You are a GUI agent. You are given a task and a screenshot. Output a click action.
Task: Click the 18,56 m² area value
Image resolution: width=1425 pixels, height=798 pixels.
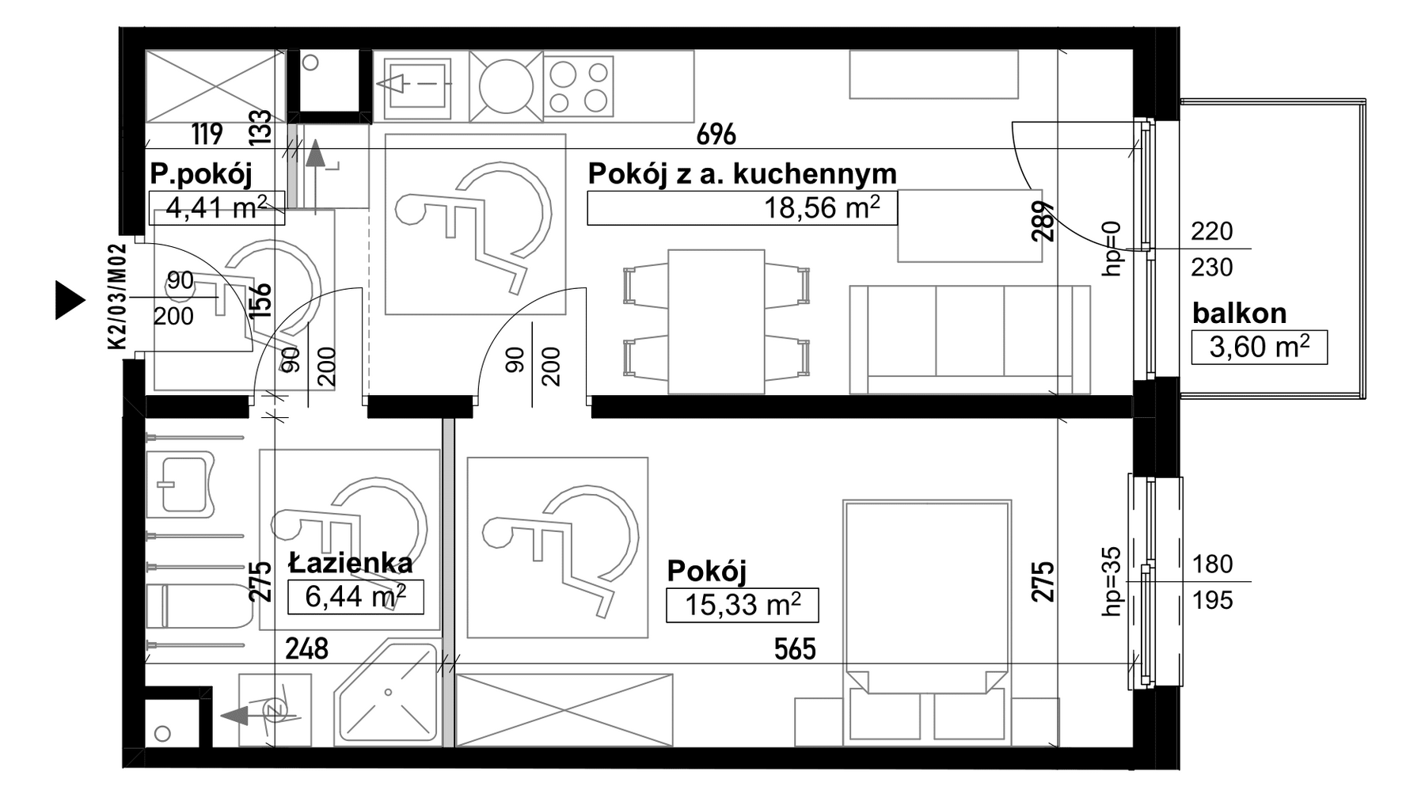click(821, 208)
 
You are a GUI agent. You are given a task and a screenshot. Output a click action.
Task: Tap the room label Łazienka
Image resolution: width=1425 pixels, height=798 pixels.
click(351, 563)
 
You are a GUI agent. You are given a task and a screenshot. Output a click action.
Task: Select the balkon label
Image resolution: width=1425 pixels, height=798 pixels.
click(1239, 313)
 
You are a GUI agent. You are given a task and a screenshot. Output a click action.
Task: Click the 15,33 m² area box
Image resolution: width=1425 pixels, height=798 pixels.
click(743, 605)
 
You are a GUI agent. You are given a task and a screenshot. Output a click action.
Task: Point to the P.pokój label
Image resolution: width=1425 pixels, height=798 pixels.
click(201, 174)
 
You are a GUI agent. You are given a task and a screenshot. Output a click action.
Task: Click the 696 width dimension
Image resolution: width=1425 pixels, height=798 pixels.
click(716, 135)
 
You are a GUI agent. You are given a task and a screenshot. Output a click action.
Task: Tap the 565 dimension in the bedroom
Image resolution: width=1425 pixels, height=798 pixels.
click(795, 649)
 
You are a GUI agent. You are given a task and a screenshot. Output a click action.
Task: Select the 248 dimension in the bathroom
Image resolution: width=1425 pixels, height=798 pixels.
click(306, 649)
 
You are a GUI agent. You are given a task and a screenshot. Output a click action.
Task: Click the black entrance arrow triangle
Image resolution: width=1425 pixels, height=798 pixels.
click(70, 300)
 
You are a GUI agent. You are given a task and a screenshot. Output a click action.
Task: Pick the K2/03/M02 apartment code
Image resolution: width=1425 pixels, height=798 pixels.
click(116, 297)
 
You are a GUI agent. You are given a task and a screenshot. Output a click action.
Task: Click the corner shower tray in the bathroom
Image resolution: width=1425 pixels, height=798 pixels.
click(387, 693)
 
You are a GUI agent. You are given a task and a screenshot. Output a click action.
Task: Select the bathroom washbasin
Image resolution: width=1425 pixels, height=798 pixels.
click(185, 484)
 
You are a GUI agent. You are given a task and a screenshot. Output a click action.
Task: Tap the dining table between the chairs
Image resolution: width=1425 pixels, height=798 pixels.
click(716, 321)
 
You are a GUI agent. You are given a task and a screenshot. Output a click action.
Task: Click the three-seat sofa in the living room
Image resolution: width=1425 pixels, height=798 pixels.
click(970, 340)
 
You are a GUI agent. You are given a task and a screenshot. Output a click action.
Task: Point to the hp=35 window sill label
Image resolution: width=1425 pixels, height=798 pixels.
click(1112, 581)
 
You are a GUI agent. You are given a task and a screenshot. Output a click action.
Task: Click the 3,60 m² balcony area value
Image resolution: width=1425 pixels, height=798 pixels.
click(1259, 348)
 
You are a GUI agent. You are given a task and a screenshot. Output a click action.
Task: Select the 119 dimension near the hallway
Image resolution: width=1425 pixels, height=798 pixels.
click(207, 134)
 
